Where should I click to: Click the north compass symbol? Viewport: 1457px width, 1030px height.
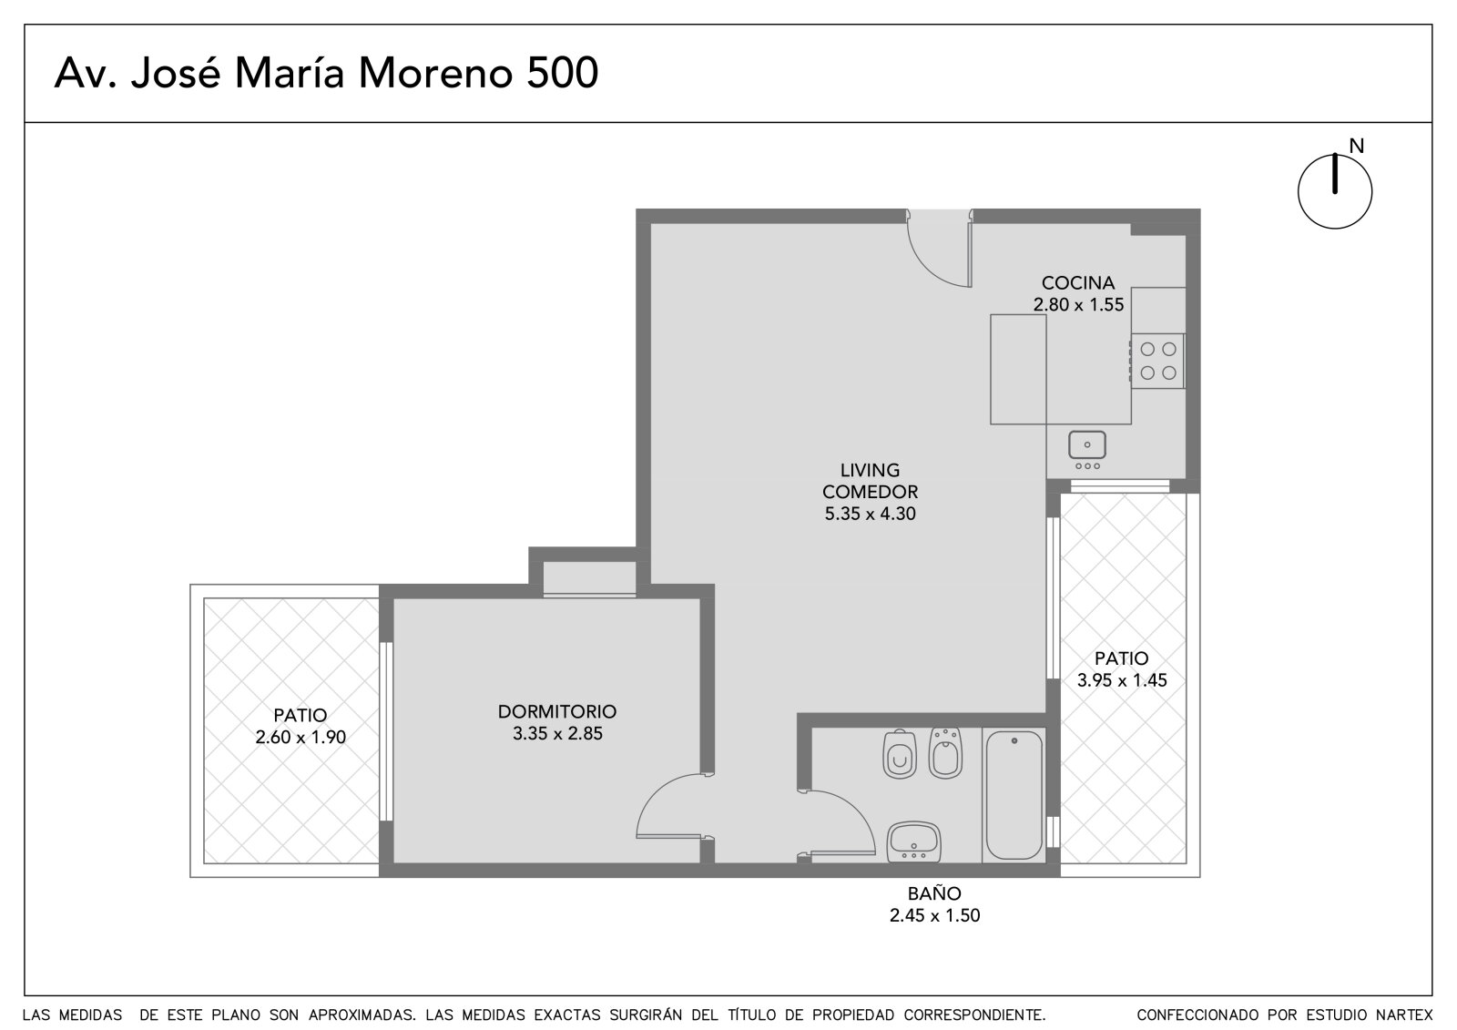(x=1335, y=191)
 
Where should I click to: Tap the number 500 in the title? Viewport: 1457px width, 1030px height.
(x=562, y=73)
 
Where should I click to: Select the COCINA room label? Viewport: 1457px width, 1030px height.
(x=1078, y=283)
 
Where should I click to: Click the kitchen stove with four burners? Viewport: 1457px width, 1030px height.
(x=1157, y=362)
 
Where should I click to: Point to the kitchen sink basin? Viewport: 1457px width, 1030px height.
(x=1087, y=445)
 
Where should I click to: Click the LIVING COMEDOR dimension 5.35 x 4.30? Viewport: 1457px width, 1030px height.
(x=871, y=514)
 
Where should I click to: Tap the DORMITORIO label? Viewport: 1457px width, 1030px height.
(x=556, y=712)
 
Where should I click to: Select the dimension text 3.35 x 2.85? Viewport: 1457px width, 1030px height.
(x=557, y=734)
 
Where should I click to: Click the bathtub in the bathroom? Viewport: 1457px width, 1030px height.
(x=1014, y=795)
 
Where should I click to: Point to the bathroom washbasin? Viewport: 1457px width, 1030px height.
(x=914, y=842)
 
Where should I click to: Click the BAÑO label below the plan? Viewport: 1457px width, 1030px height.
(x=934, y=893)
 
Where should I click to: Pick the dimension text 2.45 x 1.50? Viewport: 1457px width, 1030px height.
(x=934, y=915)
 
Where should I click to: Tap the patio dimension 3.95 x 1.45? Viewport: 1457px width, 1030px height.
(x=1122, y=680)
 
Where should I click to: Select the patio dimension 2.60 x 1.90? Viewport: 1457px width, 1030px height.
(x=301, y=737)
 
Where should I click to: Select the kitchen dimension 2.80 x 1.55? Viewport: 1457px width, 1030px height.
(x=1078, y=305)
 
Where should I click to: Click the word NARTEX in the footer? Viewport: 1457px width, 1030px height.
(x=1407, y=1015)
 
